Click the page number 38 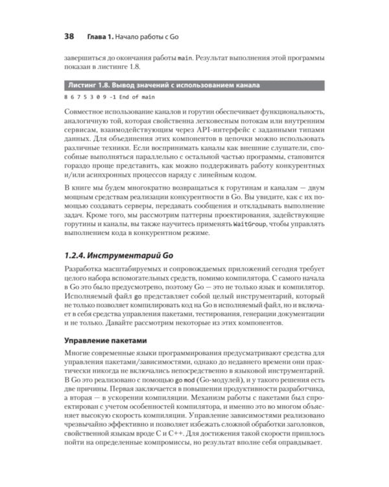(69, 36)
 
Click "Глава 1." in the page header (102, 36)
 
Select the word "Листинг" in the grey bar (85, 85)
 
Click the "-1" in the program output (112, 97)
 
